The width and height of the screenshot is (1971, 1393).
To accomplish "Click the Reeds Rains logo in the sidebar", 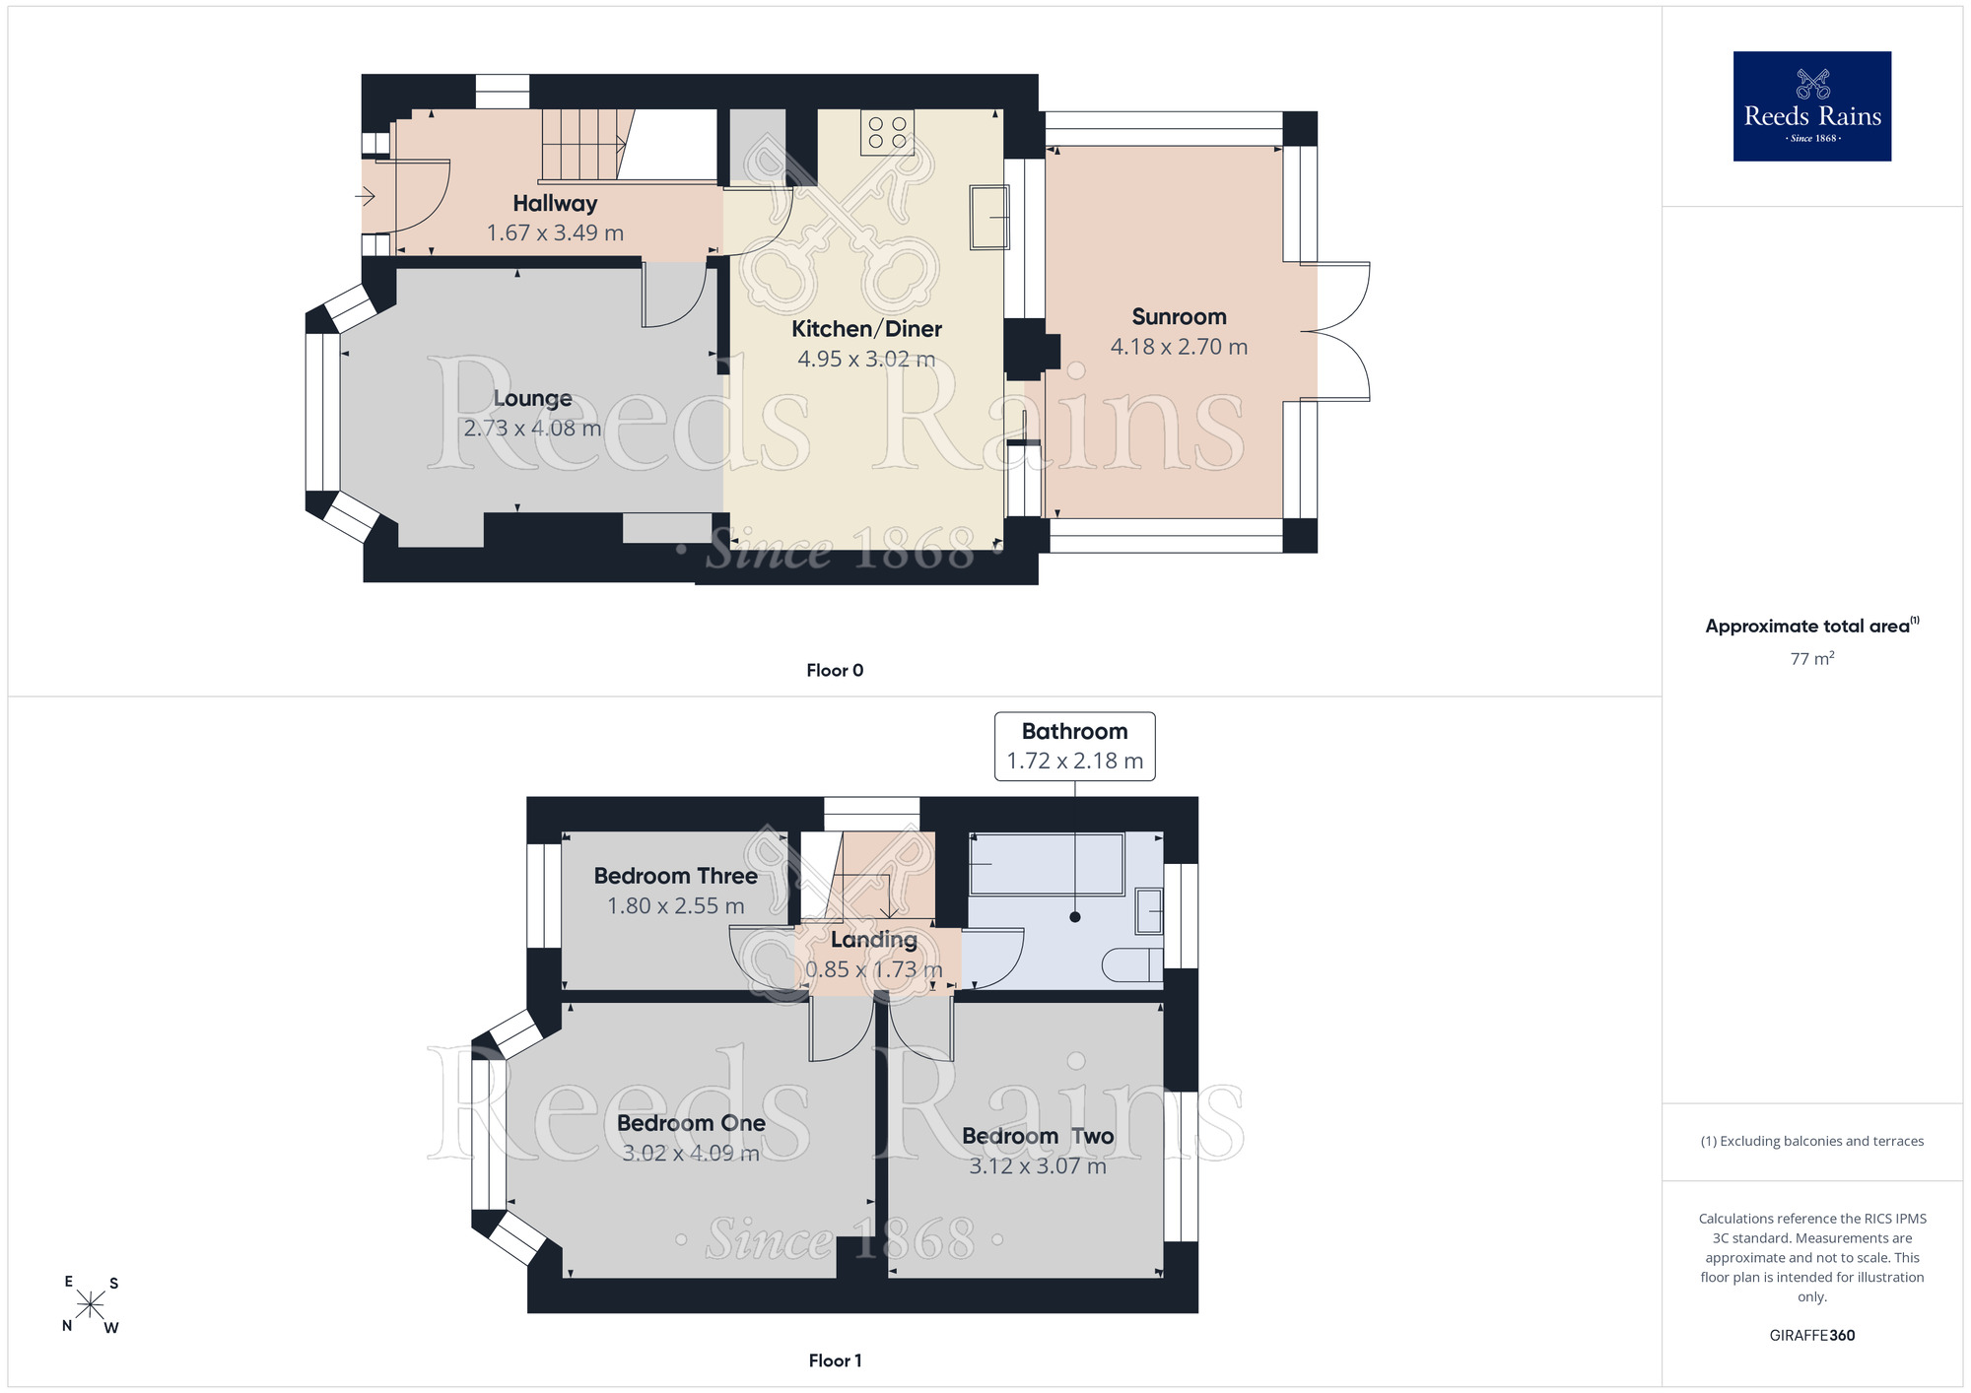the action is tap(1812, 106).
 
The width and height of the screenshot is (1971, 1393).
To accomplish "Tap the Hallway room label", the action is tap(555, 204).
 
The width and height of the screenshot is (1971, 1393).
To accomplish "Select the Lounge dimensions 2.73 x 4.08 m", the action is tap(532, 429).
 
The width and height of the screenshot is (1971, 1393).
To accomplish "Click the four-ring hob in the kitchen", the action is tap(887, 132).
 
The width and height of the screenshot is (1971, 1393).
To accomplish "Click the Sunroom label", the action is tap(1179, 317).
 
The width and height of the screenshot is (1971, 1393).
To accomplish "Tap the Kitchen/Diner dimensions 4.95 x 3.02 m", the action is tap(866, 360).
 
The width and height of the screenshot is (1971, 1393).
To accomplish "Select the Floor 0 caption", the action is tap(835, 671).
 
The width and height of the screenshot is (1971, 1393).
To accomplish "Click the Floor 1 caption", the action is tap(835, 1360).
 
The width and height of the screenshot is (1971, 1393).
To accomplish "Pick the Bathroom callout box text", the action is tap(1074, 747).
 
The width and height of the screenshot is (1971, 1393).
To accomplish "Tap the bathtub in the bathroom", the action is tap(1047, 865).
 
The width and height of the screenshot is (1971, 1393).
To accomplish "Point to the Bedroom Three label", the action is tap(676, 877).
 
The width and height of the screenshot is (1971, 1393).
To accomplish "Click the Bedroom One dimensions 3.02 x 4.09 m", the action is tap(691, 1154).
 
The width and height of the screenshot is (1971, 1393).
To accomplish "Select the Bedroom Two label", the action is tap(1038, 1137).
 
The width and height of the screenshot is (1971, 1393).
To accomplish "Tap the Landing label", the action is tap(874, 940).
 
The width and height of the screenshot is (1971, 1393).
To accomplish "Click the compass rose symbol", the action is tap(91, 1305).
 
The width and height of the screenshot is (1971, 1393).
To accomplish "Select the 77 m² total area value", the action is tap(1812, 659).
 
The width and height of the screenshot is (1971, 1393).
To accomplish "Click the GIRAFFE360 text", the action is tap(1812, 1336).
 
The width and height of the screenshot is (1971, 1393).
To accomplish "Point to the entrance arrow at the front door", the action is tap(366, 197).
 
